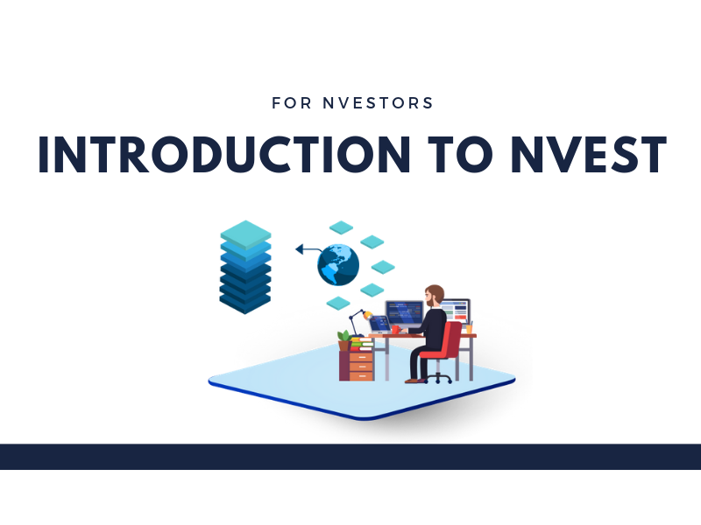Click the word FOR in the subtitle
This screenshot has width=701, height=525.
click(292, 103)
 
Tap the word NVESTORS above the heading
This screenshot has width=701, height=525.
click(379, 103)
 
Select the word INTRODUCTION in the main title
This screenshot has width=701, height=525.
click(224, 154)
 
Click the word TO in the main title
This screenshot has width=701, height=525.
click(460, 154)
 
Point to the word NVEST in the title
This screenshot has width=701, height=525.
click(589, 154)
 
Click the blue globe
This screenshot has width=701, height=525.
click(338, 265)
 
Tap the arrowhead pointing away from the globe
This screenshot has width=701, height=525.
click(300, 249)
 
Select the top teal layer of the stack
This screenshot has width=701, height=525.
click(245, 234)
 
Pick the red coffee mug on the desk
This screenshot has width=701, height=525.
click(396, 330)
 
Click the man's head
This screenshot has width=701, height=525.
click(434, 296)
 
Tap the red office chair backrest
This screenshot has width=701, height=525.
click(452, 339)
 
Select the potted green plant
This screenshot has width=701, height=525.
click(344, 340)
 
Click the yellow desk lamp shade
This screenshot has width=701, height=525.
click(368, 316)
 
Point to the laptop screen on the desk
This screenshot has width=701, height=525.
click(379, 323)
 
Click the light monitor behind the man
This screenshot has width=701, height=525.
click(456, 311)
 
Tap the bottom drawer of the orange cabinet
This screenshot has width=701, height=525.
click(361, 376)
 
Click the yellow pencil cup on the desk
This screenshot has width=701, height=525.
click(469, 329)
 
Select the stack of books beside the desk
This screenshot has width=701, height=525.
click(362, 344)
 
